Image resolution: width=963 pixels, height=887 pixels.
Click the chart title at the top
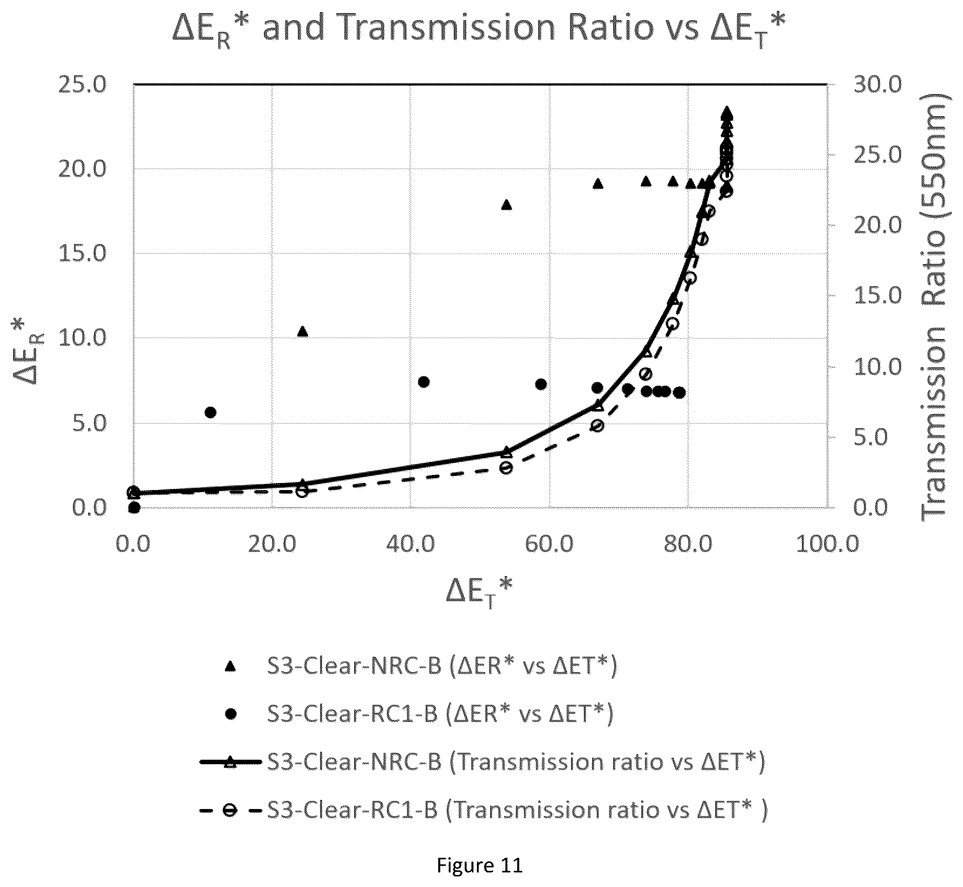point(478,29)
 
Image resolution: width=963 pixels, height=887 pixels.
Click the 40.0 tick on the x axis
point(412,544)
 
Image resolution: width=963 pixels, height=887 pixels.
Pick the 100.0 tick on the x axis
point(827,544)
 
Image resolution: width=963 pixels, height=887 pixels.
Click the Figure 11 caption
point(479,865)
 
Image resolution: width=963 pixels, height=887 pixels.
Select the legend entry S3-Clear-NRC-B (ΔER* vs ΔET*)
point(420,666)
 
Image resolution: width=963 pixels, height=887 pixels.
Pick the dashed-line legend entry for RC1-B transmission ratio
point(483,810)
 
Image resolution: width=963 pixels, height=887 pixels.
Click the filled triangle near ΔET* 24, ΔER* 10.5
point(302,331)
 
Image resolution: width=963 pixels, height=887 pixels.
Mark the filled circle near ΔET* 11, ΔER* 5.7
point(210,413)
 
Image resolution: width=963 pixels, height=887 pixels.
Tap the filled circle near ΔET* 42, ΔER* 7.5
point(424,382)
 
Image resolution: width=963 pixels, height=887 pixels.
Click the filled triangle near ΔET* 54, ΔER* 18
point(507,205)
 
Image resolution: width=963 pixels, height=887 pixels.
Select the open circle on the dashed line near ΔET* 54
point(507,468)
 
